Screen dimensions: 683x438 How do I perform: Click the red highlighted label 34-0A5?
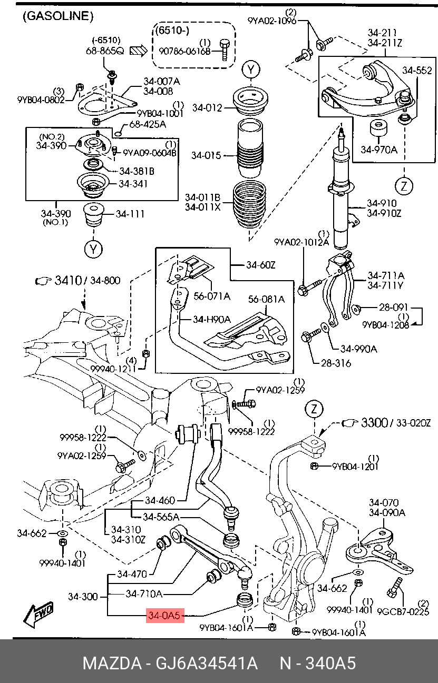[165, 615]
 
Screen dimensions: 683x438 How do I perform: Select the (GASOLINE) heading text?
[58, 16]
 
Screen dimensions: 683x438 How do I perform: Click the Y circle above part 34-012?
[251, 70]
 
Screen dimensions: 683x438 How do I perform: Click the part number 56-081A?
[266, 299]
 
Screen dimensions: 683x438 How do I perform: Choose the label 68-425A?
[148, 124]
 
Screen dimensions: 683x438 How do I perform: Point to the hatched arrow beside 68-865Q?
[139, 51]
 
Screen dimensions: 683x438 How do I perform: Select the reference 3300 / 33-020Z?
[396, 422]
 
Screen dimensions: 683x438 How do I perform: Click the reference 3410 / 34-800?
[87, 281]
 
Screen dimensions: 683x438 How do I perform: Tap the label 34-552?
[417, 70]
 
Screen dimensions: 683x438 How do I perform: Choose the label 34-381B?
[137, 171]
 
